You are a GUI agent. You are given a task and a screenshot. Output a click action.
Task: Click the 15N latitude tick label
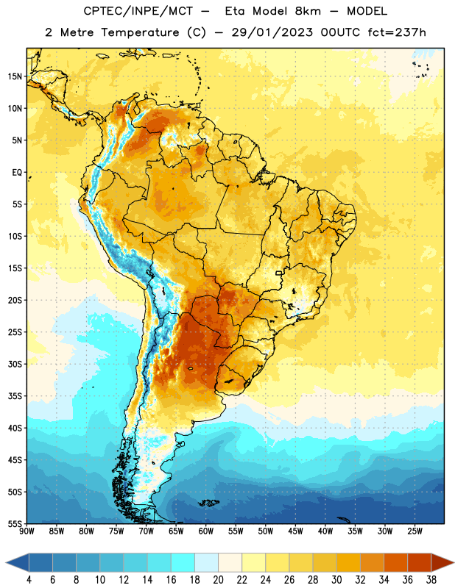point(15,76)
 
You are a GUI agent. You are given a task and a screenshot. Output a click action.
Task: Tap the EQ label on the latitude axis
point(17,173)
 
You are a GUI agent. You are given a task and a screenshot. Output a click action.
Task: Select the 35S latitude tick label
point(15,396)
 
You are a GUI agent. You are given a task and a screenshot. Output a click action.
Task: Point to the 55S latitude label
point(15,523)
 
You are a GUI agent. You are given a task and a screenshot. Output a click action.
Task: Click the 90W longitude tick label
point(27,531)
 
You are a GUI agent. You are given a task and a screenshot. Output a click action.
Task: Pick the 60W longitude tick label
point(206,531)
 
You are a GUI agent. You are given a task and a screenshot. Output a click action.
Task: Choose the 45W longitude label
point(295,531)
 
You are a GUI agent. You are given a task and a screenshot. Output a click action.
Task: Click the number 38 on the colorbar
point(431,580)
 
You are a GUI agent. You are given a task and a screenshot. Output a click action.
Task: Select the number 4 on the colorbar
point(29,580)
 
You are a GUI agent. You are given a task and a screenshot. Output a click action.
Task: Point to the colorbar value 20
point(218,580)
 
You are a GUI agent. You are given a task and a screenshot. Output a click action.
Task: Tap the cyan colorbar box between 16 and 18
point(183,562)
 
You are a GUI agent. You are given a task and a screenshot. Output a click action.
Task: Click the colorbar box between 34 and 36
point(395,562)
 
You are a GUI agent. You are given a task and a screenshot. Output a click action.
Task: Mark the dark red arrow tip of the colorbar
point(454,562)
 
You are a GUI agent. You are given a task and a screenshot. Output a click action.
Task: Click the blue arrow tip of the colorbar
point(6,562)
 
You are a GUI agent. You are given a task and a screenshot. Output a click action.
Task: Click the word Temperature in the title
point(140,32)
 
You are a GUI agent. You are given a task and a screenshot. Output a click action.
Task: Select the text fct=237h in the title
point(397,32)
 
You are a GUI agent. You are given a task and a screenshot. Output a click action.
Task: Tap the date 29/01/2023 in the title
point(272,32)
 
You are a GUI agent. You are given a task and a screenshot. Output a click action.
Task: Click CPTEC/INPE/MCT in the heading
point(138,11)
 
